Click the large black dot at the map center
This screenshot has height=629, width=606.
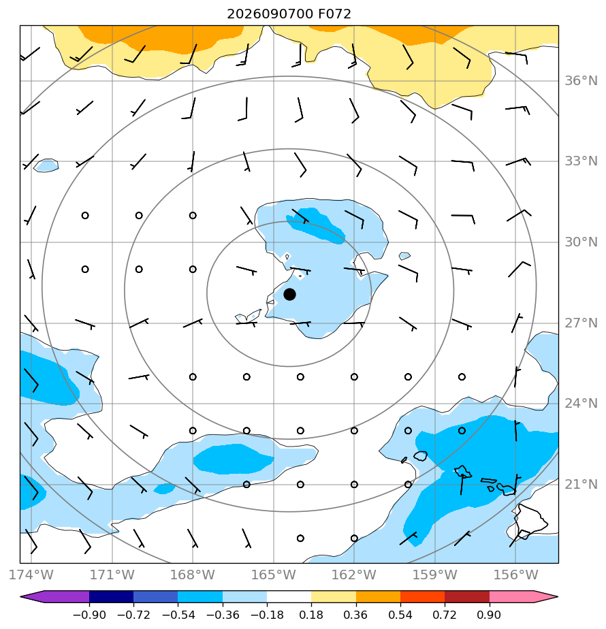tap(289, 295)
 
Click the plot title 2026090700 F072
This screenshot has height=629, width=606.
tap(289, 14)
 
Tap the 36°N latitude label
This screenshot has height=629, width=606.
tap(581, 80)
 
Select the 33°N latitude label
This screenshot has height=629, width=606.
tap(581, 161)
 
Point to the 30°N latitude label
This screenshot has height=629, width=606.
tap(581, 242)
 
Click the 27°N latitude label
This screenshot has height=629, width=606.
tap(581, 323)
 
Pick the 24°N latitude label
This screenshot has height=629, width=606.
tap(581, 403)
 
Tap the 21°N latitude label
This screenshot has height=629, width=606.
tap(581, 484)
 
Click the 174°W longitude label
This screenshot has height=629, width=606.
tap(31, 575)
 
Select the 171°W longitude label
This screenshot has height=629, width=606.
tap(112, 575)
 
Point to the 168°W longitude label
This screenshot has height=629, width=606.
tap(193, 575)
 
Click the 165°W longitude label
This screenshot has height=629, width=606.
tap(274, 575)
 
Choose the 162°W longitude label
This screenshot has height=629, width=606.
tap(354, 575)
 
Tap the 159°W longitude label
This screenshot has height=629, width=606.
tap(435, 575)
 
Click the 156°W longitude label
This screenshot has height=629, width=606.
tap(515, 575)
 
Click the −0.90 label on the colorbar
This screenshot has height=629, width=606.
tap(89, 615)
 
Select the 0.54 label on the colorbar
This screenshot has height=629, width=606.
tap(400, 615)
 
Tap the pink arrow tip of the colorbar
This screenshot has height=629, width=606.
tap(557, 596)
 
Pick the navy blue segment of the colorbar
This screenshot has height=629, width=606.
tap(111, 596)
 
